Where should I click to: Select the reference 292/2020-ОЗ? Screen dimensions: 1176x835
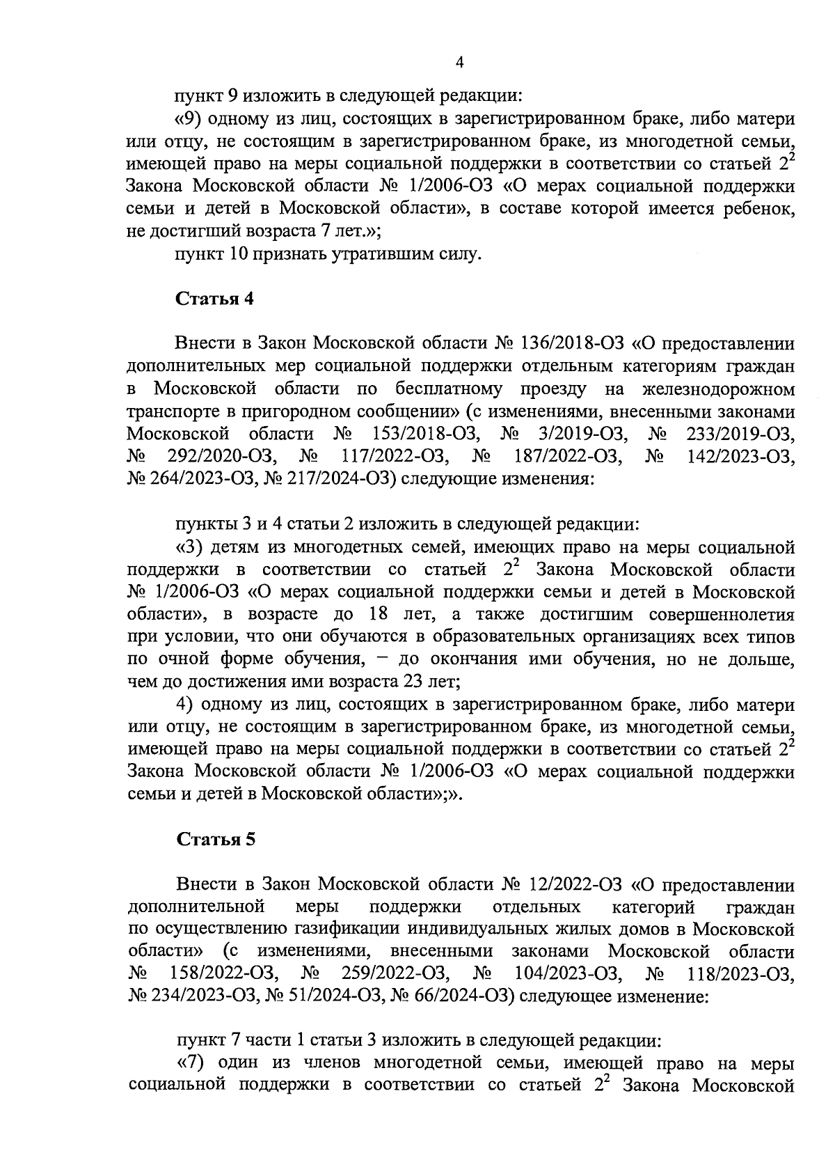223,457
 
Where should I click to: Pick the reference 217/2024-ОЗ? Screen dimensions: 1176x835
334,479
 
